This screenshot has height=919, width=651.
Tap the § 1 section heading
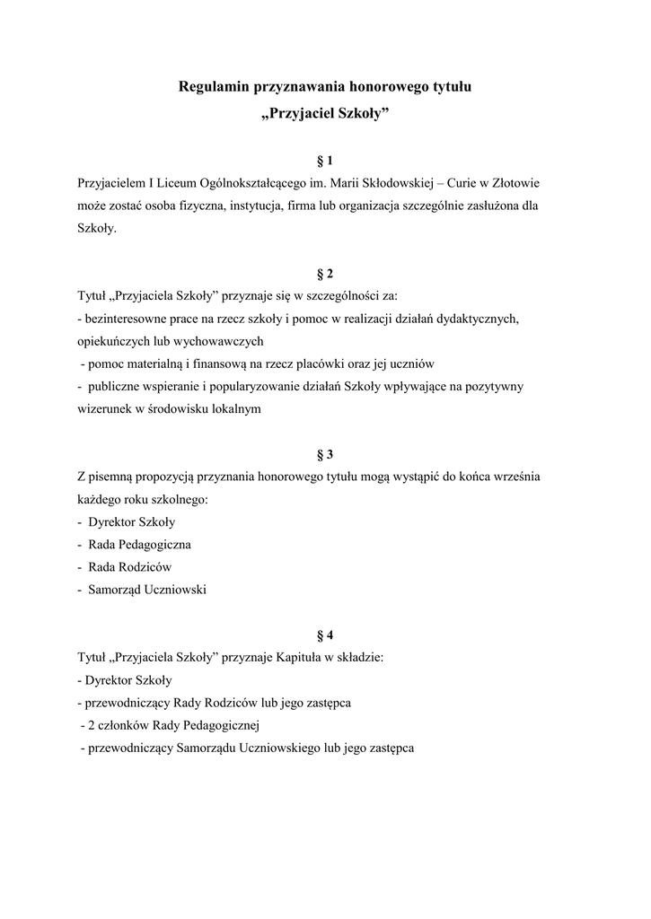pos(325,161)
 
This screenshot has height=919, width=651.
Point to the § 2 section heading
pos(325,274)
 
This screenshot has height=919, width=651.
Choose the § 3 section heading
pos(325,454)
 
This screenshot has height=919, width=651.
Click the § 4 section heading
pos(325,635)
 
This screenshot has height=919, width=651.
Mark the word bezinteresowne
pos(124,319)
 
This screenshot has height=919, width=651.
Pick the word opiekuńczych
pos(114,341)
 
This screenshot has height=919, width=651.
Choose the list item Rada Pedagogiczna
pos(139,545)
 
